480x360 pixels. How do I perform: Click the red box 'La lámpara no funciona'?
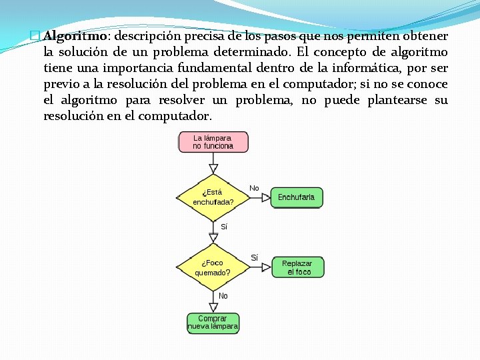[x=213, y=142]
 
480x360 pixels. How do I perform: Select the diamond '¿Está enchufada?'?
[x=213, y=197]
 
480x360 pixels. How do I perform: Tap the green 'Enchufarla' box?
[x=296, y=197]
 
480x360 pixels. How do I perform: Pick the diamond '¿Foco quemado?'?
[x=213, y=267]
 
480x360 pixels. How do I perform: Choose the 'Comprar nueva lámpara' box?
[x=213, y=323]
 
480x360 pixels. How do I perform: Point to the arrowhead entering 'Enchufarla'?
[x=266, y=197]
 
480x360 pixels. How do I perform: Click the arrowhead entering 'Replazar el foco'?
[x=266, y=267]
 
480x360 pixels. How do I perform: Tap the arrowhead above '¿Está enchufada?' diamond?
[x=213, y=168]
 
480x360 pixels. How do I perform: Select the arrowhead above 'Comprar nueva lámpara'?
[x=213, y=307]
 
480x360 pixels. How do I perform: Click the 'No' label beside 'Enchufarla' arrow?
[x=254, y=188]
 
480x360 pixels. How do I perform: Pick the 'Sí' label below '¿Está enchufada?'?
[x=223, y=227]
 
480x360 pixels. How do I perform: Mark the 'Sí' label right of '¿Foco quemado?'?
[x=254, y=257]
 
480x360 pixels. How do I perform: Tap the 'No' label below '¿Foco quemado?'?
[x=223, y=295]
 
